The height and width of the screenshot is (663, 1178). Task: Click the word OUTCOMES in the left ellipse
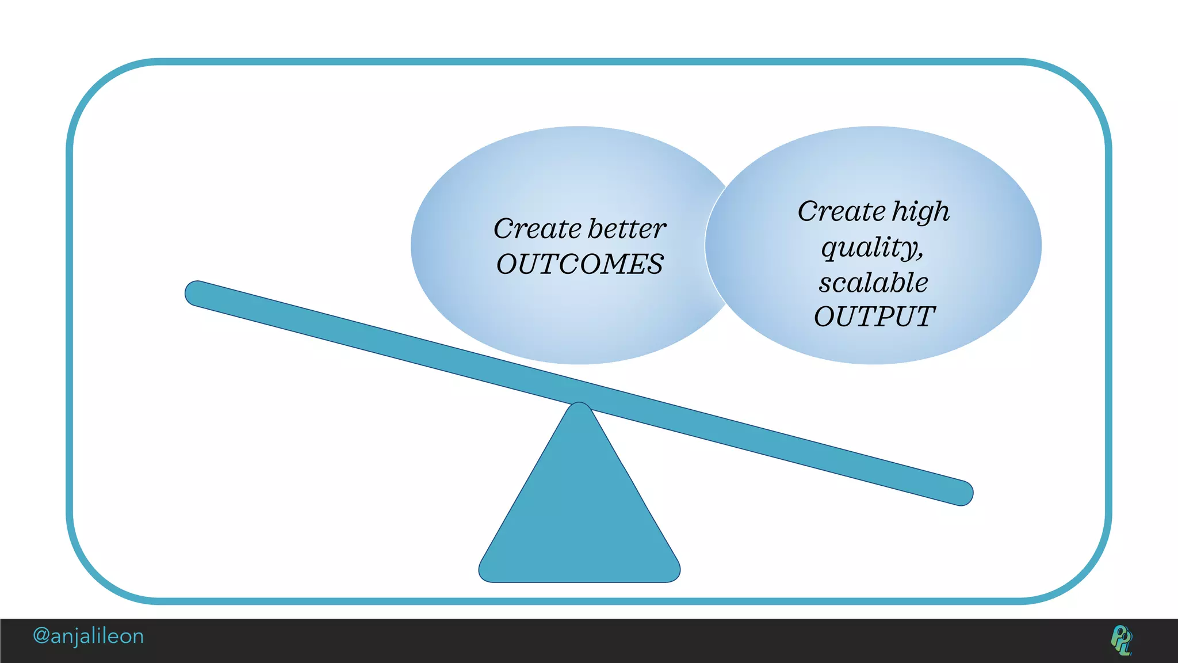tap(580, 265)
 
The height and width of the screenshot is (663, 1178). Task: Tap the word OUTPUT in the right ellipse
tap(874, 317)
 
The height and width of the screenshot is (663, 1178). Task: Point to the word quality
tap(870, 248)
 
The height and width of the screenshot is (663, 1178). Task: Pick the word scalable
tap(874, 283)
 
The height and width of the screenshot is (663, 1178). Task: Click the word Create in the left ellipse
tap(537, 229)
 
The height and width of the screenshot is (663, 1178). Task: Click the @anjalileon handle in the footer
tap(88, 636)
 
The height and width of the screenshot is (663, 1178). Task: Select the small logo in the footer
tap(1121, 640)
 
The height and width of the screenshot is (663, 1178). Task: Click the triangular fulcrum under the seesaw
tap(579, 518)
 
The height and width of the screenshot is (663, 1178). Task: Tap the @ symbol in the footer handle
tap(41, 636)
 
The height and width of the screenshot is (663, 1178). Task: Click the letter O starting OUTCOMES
tap(508, 265)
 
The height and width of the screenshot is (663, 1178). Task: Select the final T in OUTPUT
tap(924, 317)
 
